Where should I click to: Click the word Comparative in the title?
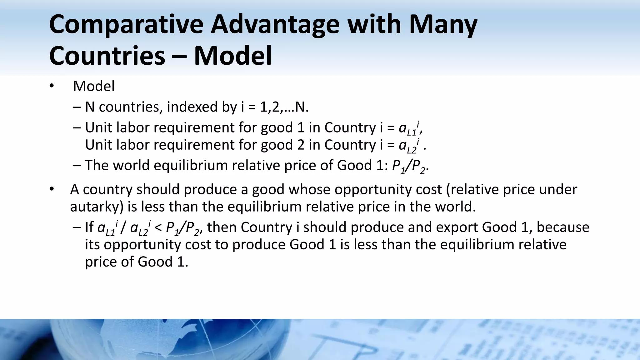click(126, 25)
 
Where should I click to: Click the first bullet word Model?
click(94, 86)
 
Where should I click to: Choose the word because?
click(562, 227)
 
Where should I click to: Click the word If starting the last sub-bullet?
click(89, 227)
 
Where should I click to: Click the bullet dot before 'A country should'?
click(52, 189)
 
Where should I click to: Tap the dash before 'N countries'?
click(76, 107)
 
